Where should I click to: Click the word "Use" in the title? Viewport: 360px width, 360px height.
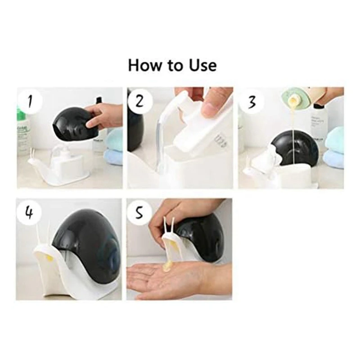(x=201, y=65)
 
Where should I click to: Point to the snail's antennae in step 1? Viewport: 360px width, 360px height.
(x=31, y=154)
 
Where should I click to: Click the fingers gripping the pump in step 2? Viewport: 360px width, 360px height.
(x=214, y=101)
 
